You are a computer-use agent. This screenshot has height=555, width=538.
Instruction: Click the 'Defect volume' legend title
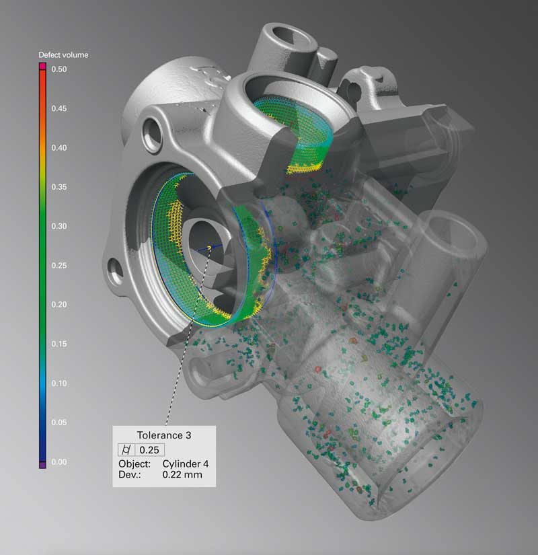click(x=63, y=55)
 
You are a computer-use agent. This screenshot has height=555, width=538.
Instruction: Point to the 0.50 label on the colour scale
click(x=59, y=69)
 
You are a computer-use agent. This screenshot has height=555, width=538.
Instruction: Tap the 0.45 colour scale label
click(x=59, y=109)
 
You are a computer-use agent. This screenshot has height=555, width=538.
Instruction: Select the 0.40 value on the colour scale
click(x=59, y=148)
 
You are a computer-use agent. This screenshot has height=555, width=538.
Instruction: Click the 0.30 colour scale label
click(x=59, y=226)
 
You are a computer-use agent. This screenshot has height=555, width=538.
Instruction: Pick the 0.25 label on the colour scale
click(x=59, y=266)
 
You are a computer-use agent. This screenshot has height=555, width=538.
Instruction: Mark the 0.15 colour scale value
click(x=59, y=344)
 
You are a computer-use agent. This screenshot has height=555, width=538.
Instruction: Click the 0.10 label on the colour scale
click(x=59, y=383)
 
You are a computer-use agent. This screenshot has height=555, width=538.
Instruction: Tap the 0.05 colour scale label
click(x=59, y=422)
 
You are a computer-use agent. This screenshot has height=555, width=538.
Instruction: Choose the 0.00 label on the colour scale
click(x=59, y=462)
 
